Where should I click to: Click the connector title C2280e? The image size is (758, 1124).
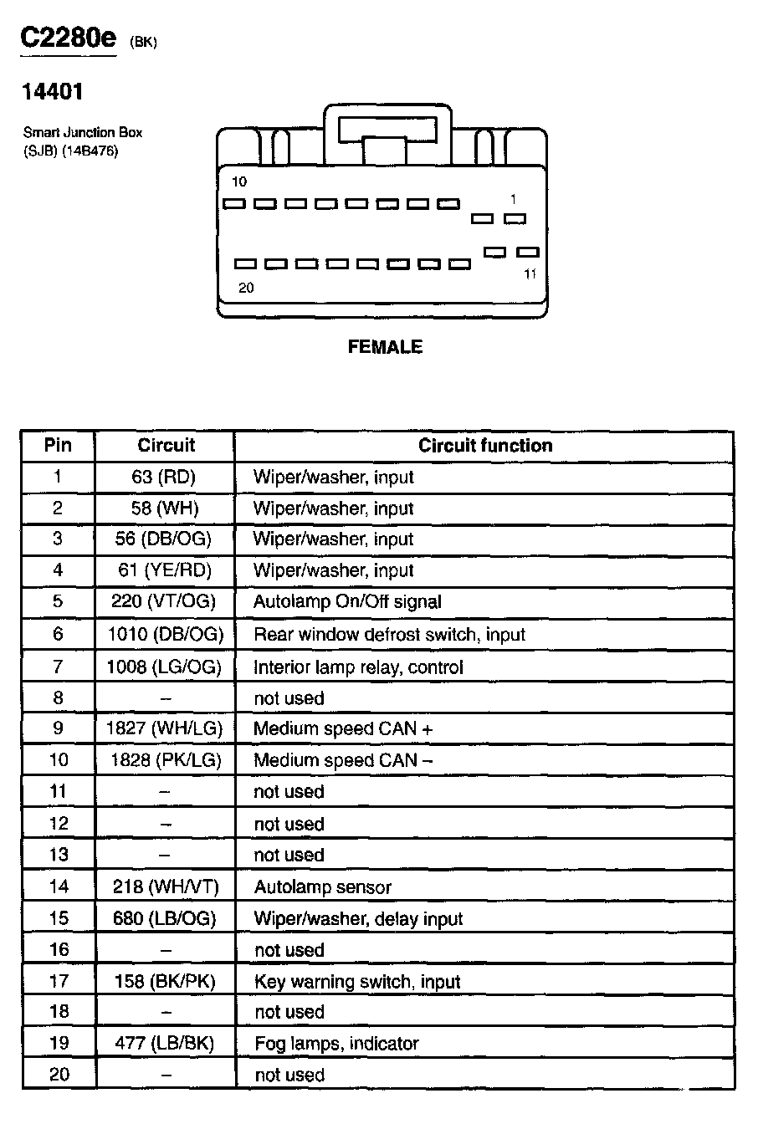pyautogui.click(x=69, y=39)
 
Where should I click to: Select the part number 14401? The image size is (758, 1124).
pyautogui.click(x=53, y=93)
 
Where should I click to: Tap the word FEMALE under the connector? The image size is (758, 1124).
pyautogui.click(x=385, y=347)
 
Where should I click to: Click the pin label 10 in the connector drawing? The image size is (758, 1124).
pyautogui.click(x=239, y=181)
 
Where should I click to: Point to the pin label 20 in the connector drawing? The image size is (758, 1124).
pyautogui.click(x=246, y=289)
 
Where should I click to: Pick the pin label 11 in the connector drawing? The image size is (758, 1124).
pyautogui.click(x=530, y=273)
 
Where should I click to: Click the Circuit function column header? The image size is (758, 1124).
pyautogui.click(x=485, y=446)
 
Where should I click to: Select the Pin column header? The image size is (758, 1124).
pyautogui.click(x=58, y=446)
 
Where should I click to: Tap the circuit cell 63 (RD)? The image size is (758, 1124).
pyautogui.click(x=164, y=478)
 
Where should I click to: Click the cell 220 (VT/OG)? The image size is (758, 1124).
pyautogui.click(x=164, y=601)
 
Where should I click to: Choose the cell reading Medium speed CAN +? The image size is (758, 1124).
pyautogui.click(x=343, y=728)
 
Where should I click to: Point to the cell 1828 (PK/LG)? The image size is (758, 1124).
pyautogui.click(x=165, y=760)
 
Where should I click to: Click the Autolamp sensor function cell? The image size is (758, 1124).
pyautogui.click(x=322, y=887)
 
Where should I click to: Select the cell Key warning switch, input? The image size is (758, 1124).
pyautogui.click(x=357, y=982)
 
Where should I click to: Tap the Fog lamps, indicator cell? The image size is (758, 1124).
pyautogui.click(x=336, y=1044)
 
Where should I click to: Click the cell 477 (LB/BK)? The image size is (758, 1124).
pyautogui.click(x=164, y=1044)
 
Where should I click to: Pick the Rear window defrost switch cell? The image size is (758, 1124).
pyautogui.click(x=389, y=635)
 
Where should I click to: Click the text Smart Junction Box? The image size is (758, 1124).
pyautogui.click(x=83, y=132)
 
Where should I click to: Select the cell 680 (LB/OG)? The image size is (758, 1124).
pyautogui.click(x=164, y=919)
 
